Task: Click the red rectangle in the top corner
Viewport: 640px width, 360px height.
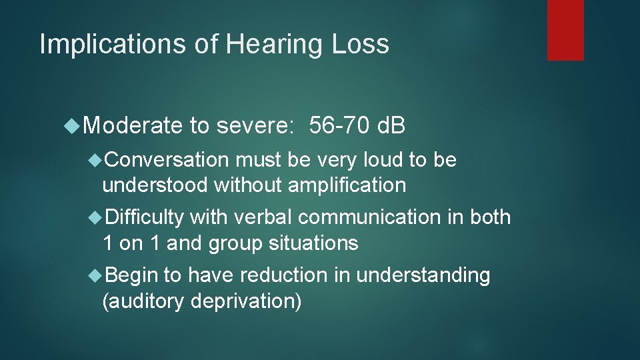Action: click(565, 30)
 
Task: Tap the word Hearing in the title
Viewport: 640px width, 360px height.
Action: click(271, 44)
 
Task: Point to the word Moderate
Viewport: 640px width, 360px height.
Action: click(133, 125)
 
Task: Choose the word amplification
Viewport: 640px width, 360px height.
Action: click(347, 185)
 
